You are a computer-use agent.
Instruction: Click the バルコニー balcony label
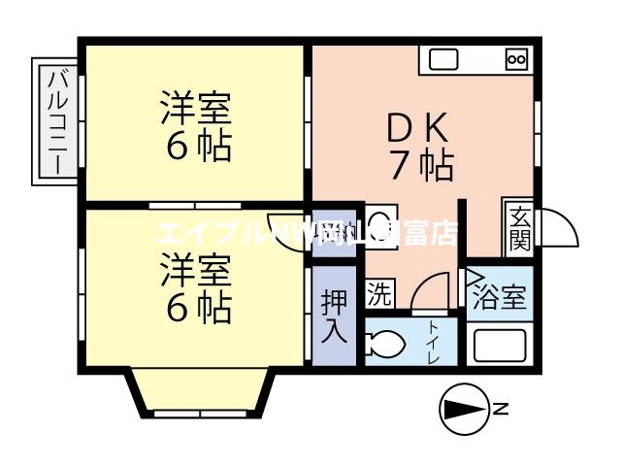point(55,121)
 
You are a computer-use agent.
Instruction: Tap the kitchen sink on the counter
point(443,59)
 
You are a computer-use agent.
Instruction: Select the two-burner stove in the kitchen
point(515,59)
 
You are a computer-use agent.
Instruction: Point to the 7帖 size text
point(422,167)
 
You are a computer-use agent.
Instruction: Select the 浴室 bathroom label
point(501,298)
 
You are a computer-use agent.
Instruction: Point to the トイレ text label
point(434,343)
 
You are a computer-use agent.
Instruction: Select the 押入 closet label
point(334,316)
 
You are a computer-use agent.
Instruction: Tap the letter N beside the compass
point(502,409)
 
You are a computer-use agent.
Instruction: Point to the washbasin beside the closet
point(380,217)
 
